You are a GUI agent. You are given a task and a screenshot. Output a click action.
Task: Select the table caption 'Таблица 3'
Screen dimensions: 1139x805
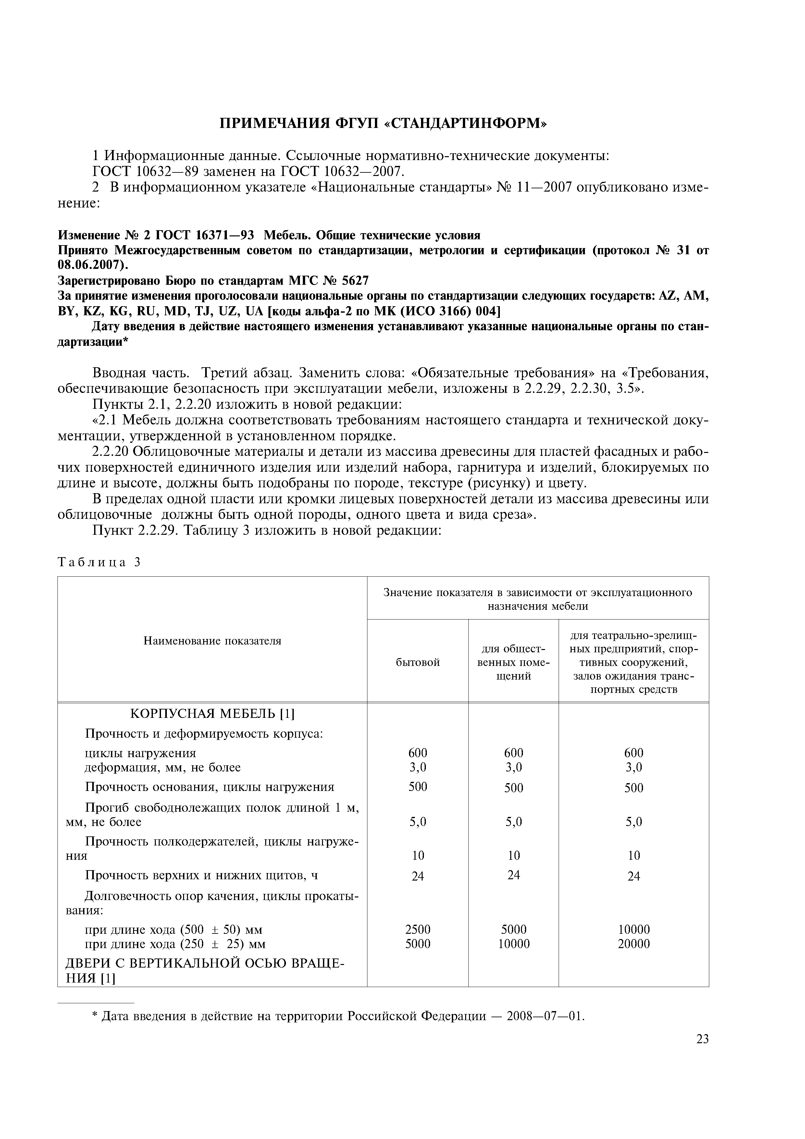[x=100, y=562]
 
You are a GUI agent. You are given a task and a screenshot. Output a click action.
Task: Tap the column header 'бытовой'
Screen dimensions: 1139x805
[x=418, y=663]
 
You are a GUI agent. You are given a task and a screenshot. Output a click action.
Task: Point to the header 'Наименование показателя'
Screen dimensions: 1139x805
[x=212, y=641]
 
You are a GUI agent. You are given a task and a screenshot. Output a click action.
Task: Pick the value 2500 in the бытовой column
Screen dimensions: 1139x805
[x=418, y=929]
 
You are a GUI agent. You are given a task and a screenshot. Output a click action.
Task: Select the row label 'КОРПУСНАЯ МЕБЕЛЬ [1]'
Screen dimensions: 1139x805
[x=212, y=714]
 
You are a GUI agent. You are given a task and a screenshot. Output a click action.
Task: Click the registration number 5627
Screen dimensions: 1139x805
[x=356, y=281]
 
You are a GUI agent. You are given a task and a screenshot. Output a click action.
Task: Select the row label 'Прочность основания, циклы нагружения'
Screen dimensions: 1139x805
[x=210, y=787]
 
